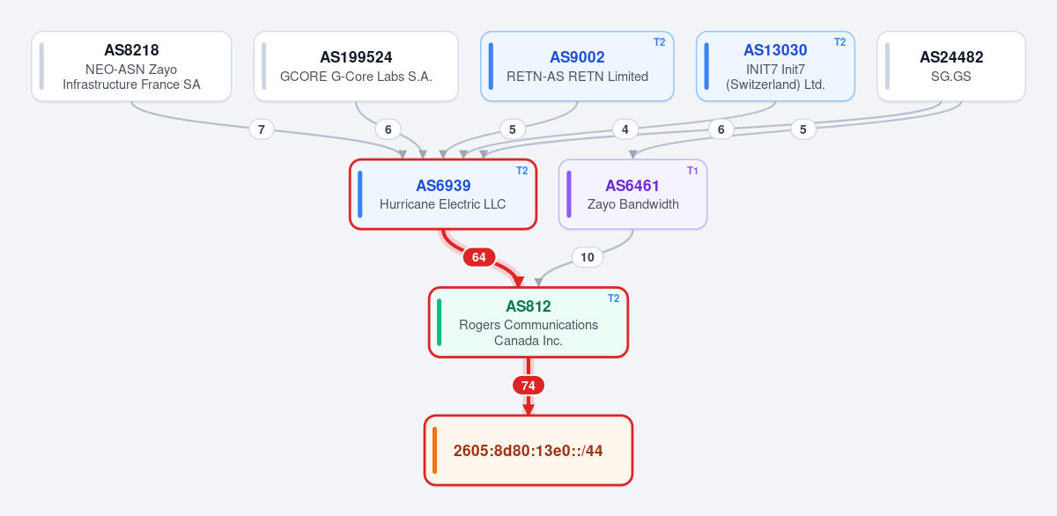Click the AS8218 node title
(131, 50)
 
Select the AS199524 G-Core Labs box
(356, 66)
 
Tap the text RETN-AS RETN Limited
(577, 77)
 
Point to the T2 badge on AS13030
(840, 42)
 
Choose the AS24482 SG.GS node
(951, 66)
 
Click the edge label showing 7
(262, 129)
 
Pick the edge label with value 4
(625, 129)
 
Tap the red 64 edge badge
(479, 257)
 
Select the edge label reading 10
(587, 257)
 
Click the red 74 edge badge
(528, 386)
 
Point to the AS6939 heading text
(443, 186)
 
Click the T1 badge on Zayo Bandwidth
(692, 171)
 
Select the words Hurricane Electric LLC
(442, 204)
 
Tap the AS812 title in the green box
(528, 306)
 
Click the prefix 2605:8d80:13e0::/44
(528, 451)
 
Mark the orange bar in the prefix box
(434, 450)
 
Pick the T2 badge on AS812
(613, 299)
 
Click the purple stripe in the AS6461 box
(569, 195)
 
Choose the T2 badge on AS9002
(659, 42)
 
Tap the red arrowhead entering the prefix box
(528, 409)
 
